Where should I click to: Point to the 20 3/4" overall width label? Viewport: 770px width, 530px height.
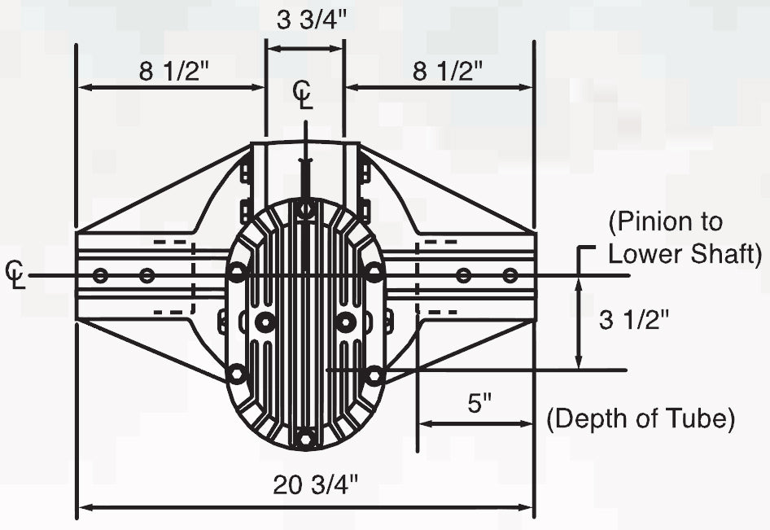tap(317, 485)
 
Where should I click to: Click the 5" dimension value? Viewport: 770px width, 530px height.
tap(480, 404)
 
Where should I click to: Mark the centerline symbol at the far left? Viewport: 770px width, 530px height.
tap(15, 274)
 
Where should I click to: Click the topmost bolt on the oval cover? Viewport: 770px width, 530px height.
tap(305, 210)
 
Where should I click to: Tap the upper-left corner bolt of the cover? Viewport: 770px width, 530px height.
tap(237, 273)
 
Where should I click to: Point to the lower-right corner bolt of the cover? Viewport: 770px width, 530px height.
tap(374, 375)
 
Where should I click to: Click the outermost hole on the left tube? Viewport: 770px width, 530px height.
tap(100, 275)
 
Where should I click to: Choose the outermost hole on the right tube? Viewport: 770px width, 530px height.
tap(510, 275)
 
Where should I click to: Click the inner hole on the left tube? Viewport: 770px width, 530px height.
tap(147, 275)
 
